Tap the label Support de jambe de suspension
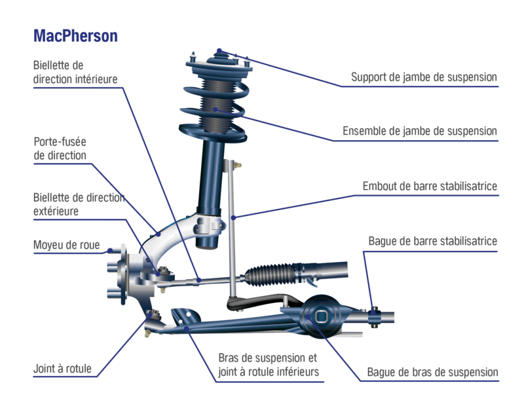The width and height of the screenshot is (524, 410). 424,77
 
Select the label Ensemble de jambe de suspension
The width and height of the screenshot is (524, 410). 420,132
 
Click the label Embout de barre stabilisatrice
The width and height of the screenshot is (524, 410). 430,187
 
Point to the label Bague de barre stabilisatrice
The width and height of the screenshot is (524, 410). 433,241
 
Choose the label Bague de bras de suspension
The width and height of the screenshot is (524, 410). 432,372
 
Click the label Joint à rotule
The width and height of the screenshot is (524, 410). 62,369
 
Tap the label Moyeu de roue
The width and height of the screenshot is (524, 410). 66,246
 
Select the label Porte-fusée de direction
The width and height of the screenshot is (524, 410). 60,149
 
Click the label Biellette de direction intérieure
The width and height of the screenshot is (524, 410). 75,73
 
